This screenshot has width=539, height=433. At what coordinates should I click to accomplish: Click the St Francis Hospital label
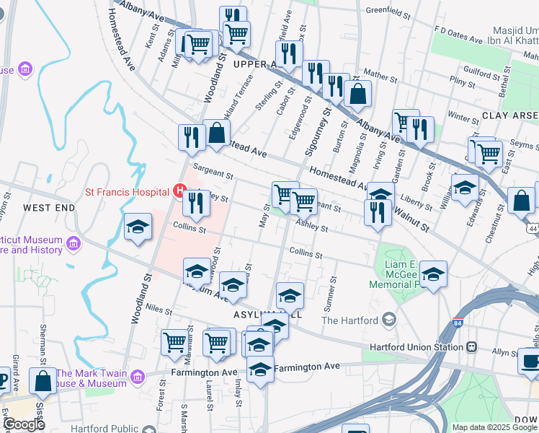(127, 192)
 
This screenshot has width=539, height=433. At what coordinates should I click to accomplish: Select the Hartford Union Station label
(416, 346)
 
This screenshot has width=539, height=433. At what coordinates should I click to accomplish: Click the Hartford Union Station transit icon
(471, 346)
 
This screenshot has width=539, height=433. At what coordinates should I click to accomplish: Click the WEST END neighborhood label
(48, 208)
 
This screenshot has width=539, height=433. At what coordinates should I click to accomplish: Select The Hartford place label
(349, 320)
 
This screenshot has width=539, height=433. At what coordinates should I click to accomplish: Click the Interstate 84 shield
(458, 324)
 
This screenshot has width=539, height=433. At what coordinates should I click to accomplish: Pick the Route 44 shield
(532, 229)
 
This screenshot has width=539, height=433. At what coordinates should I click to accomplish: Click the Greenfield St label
(383, 11)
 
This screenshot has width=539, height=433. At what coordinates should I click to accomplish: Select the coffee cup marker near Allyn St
(531, 360)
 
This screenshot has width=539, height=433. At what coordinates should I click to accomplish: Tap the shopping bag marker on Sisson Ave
(43, 382)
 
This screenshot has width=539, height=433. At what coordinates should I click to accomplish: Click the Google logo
(24, 424)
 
